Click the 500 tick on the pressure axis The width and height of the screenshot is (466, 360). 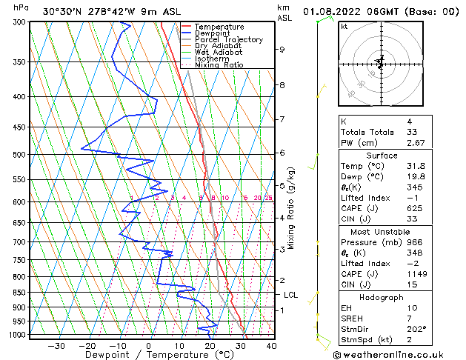point(16,155)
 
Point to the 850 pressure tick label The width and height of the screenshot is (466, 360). point(16,293)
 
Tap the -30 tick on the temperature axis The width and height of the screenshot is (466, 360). point(56,345)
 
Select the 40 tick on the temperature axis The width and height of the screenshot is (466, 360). point(271,345)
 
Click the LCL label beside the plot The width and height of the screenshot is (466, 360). point(291,295)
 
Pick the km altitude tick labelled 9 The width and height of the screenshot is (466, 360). point(282,50)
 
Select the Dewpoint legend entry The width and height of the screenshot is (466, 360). point(213,33)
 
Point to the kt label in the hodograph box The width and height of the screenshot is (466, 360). point(344,27)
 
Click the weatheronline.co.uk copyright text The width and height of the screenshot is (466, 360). point(399,354)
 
